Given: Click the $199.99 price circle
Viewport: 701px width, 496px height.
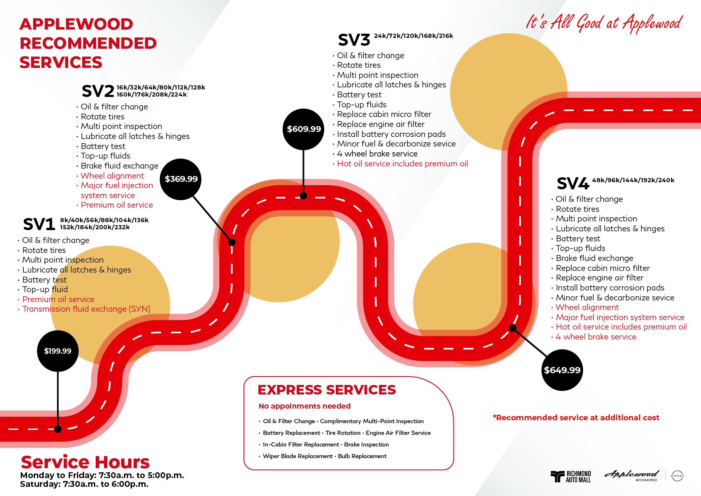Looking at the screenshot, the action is pos(57,351).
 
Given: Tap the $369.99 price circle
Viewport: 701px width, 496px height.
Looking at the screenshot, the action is pos(181,179).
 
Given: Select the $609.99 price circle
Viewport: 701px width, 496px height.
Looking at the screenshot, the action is pos(303,129).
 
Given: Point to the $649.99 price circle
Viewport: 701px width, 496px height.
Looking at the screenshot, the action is pos(562,370).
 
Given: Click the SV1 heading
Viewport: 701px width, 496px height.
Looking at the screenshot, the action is pos(39,224).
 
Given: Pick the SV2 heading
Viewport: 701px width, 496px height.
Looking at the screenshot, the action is pos(98,92).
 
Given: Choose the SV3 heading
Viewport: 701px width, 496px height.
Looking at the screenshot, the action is pos(354,40).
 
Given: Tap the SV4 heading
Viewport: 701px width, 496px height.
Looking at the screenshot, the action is pos(573,184).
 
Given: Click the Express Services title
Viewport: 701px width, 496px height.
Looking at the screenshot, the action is pos(327,390).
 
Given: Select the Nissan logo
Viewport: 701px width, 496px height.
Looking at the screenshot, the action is pos(677,476).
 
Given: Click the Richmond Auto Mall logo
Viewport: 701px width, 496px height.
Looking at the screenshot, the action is pos(571,476).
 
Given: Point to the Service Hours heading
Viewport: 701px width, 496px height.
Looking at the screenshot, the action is pos(85,462).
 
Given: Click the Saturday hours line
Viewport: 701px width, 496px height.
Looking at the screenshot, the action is pos(84,484).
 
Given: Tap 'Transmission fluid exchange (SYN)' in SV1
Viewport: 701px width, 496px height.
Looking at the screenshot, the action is pos(86,309).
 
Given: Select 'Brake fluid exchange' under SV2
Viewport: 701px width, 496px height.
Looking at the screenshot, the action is pos(119,166).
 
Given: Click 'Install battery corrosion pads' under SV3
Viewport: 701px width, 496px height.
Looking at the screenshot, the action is pos(391,134).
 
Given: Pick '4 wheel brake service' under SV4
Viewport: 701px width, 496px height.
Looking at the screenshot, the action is pos(596,337).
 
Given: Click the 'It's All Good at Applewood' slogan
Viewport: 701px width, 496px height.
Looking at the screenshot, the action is pos(604,23).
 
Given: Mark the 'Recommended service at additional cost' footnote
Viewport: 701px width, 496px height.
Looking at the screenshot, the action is pos(576,417).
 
